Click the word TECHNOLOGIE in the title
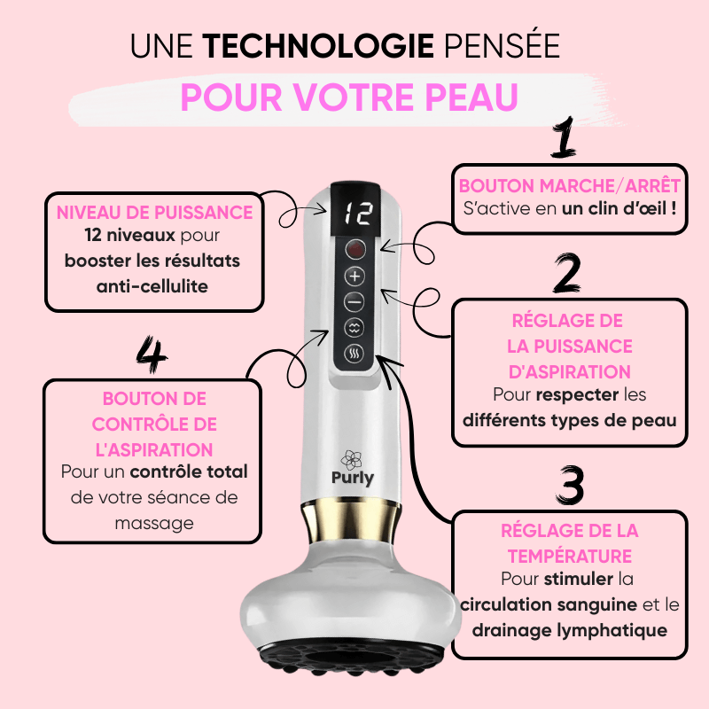click(x=318, y=46)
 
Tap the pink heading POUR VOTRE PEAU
click(x=349, y=97)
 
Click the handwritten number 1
click(x=564, y=136)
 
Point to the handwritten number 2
click(x=567, y=273)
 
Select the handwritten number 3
click(x=571, y=485)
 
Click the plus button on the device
click(x=355, y=276)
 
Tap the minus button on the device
click(x=354, y=301)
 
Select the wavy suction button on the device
click(x=354, y=328)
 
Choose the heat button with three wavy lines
click(x=354, y=354)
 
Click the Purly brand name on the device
click(x=353, y=479)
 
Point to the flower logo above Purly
click(x=351, y=459)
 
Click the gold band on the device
click(x=351, y=521)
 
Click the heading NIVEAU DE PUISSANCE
click(x=154, y=213)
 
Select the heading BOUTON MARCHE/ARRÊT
click(x=570, y=186)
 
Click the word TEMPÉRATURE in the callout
click(x=570, y=557)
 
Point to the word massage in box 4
click(x=154, y=524)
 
